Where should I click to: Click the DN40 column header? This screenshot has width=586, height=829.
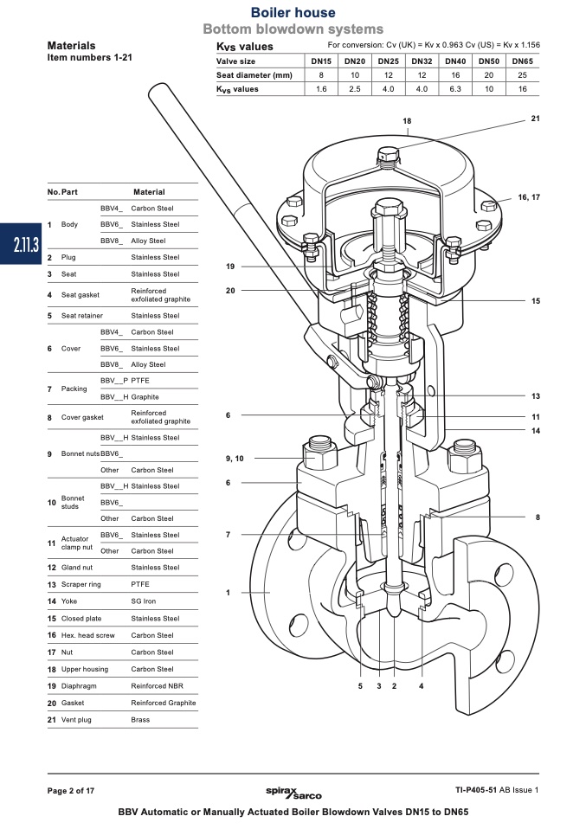click(455, 61)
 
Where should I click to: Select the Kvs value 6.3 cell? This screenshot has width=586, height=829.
click(455, 89)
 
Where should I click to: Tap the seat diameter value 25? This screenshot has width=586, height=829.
click(522, 75)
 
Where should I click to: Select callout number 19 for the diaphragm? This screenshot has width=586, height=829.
click(230, 266)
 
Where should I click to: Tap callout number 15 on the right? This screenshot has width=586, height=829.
click(536, 301)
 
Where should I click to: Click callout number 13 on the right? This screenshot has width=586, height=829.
click(536, 395)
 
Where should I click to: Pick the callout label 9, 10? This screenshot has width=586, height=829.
click(234, 458)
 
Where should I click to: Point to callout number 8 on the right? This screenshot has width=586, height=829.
click(538, 517)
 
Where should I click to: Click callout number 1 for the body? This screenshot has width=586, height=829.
click(228, 592)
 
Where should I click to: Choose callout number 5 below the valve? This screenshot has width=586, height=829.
click(360, 685)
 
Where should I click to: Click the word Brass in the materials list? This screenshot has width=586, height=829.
click(140, 720)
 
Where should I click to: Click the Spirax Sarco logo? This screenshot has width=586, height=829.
click(293, 791)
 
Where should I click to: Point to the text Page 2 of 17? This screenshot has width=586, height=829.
click(71, 790)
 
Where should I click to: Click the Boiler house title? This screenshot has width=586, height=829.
click(293, 13)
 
